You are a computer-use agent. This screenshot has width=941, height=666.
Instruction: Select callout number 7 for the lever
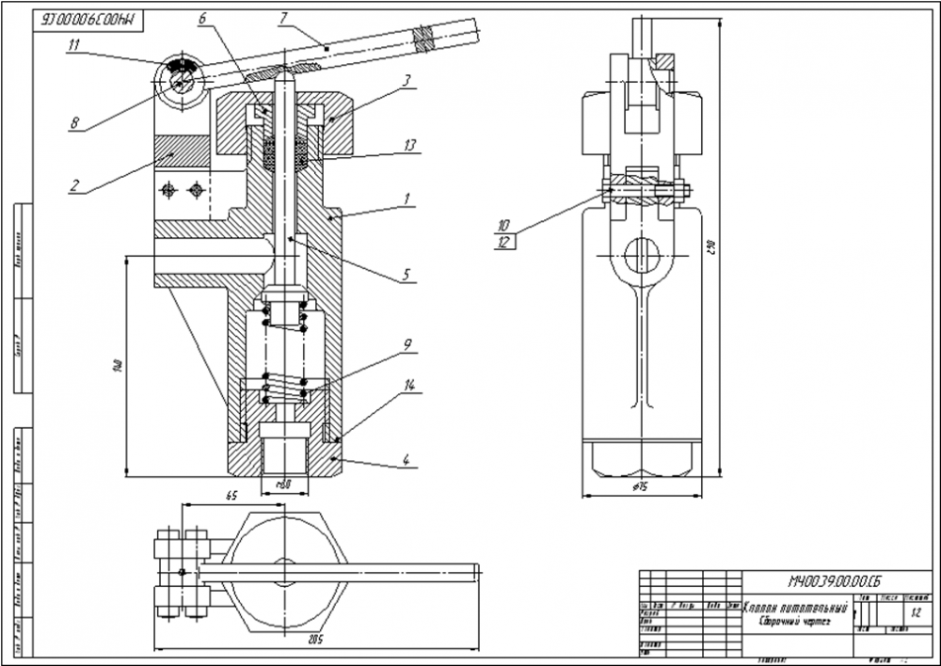tap(281, 17)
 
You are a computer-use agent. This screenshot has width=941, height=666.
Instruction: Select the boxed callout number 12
tap(503, 242)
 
